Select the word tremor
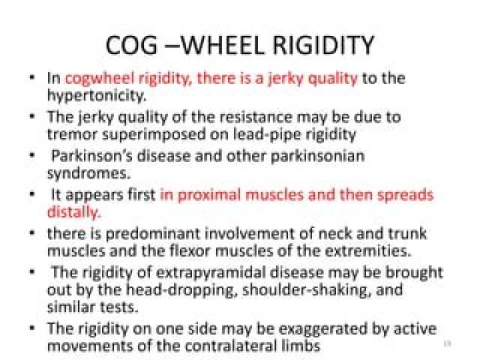pos(68,133)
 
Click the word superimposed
pos(143,133)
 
